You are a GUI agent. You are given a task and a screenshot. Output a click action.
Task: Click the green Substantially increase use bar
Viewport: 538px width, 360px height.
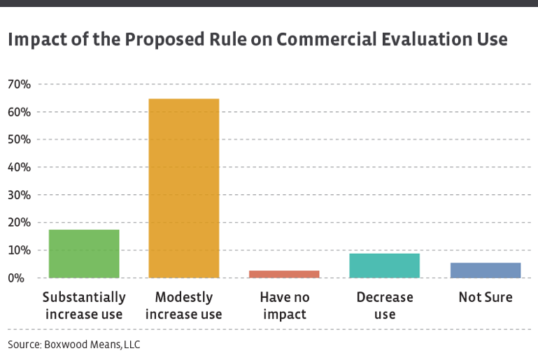click(x=84, y=254)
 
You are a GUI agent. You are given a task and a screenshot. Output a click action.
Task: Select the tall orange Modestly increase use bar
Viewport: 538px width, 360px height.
click(x=184, y=188)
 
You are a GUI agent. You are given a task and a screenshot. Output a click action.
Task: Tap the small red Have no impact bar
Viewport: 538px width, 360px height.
click(x=284, y=274)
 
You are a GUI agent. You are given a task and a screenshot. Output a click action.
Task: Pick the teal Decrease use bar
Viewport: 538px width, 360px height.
click(x=384, y=266)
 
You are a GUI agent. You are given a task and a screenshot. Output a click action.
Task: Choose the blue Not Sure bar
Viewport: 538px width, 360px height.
click(x=485, y=270)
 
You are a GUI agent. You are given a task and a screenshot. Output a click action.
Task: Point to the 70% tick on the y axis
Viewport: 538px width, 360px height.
click(x=20, y=85)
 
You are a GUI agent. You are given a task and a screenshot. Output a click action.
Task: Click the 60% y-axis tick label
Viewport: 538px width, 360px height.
click(x=20, y=112)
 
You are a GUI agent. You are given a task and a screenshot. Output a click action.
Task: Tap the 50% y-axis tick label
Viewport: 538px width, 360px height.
click(x=20, y=140)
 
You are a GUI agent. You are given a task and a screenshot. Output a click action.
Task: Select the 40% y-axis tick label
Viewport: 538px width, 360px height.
click(x=20, y=167)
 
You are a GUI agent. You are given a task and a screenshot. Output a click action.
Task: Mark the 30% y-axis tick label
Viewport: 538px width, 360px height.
click(x=20, y=195)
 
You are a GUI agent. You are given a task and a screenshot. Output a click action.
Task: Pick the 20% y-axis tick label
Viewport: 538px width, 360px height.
click(x=20, y=222)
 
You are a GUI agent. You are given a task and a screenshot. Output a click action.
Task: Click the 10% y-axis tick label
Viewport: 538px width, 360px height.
click(x=20, y=250)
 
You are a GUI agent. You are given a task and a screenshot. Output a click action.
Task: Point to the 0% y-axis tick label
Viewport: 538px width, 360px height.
click(x=22, y=278)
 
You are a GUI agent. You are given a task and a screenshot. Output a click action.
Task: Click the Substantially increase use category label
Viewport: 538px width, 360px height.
click(x=84, y=305)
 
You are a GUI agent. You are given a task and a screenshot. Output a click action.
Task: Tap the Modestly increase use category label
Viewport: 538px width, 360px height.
click(x=184, y=305)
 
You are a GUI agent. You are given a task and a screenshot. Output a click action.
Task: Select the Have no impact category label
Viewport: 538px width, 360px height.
click(x=284, y=305)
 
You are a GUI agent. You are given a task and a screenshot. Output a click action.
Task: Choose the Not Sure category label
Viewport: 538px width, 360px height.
click(x=485, y=297)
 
